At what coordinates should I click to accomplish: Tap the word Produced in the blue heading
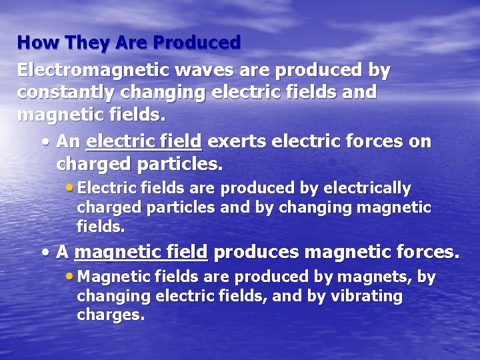click(197, 43)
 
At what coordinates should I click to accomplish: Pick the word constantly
click(69, 92)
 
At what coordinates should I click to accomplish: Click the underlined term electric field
click(144, 141)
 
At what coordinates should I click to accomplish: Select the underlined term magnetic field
click(141, 252)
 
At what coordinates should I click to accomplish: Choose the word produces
click(256, 252)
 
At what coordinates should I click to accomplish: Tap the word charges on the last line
click(110, 315)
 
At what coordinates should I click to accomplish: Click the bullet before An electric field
click(44, 142)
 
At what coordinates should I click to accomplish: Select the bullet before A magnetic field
click(44, 253)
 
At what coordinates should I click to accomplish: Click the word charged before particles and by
click(109, 207)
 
